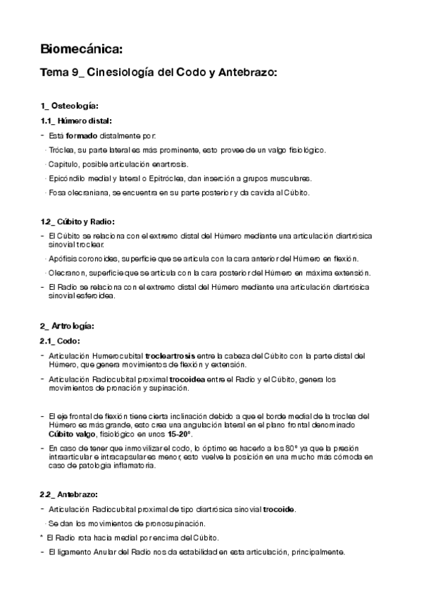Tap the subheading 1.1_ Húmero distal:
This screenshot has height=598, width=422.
point(76,121)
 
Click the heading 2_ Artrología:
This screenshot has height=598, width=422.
point(68,326)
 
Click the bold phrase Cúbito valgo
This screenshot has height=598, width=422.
point(72,435)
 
